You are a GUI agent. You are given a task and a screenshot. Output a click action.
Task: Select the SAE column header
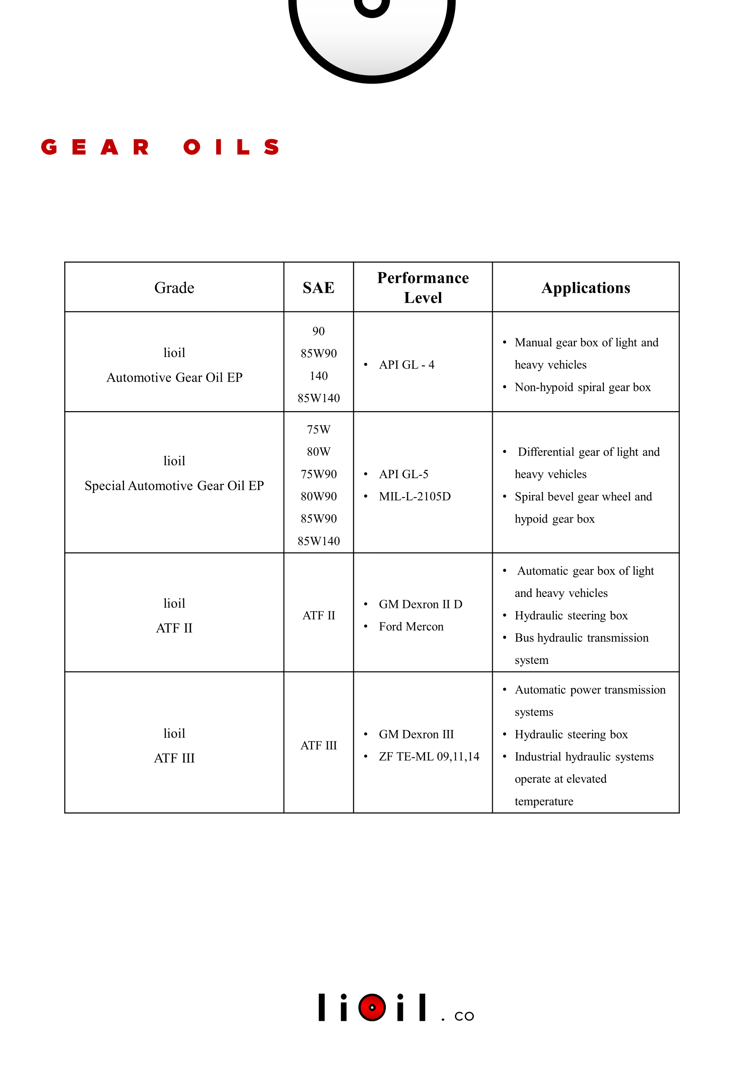coord(318,288)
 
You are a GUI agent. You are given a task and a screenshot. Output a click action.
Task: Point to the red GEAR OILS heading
coord(160,147)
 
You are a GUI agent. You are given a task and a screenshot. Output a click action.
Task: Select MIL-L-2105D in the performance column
coord(414,496)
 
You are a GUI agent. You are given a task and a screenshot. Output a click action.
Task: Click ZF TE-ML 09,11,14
coord(428,756)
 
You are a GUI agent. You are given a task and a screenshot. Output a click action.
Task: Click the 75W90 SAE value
coord(318,474)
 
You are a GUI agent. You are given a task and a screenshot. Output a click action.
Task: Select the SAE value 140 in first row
coord(318,375)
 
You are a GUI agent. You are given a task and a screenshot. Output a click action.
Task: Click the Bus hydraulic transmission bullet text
coord(581,637)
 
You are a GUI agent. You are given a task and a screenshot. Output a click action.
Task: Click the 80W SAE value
coord(318,451)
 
